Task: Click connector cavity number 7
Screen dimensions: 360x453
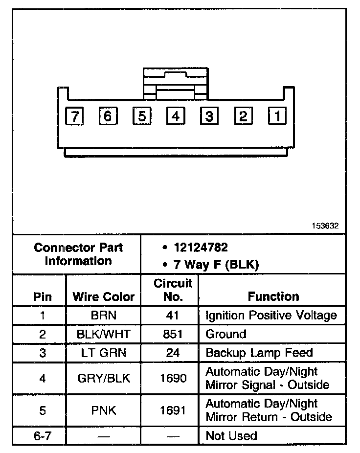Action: click(74, 116)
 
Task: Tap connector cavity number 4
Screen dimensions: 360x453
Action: click(175, 116)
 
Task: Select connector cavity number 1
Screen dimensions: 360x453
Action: click(277, 116)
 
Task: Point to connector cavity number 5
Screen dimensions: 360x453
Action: click(141, 116)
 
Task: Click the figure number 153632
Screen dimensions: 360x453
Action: click(325, 226)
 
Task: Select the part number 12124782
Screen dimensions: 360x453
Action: click(201, 248)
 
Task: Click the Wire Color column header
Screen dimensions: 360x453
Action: click(103, 296)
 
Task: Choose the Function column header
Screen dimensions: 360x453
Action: click(273, 296)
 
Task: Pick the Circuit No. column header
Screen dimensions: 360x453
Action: click(173, 290)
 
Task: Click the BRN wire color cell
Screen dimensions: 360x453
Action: click(103, 316)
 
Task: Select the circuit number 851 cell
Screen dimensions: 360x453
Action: click(173, 335)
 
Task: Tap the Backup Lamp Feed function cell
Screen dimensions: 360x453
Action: click(259, 353)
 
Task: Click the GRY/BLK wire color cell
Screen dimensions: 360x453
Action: click(103, 378)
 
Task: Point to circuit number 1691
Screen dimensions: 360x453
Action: click(173, 410)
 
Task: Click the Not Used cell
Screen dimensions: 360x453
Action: click(231, 435)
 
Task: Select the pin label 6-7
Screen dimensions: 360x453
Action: click(42, 435)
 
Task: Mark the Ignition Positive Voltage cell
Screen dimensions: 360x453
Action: click(271, 316)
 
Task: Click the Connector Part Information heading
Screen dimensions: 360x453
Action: click(78, 254)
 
